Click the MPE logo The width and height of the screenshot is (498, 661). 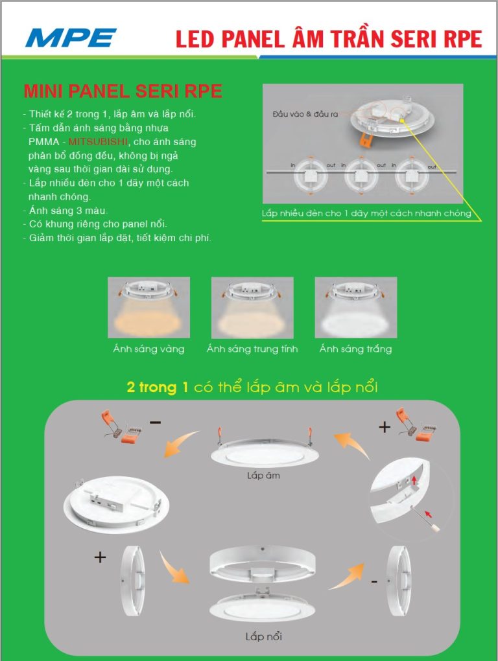tap(71, 38)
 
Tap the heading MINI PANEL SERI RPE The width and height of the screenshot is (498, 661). tap(123, 91)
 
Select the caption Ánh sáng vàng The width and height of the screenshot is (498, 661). tap(148, 349)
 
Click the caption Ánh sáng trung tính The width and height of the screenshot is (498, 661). tap(252, 349)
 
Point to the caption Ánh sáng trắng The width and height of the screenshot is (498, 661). tap(355, 349)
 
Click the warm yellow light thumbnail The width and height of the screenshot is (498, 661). tap(148, 307)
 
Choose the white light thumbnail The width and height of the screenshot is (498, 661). tap(355, 307)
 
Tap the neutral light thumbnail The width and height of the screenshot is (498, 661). tap(252, 307)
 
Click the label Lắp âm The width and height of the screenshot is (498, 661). tap(264, 475)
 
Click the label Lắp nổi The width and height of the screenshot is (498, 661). tap(263, 636)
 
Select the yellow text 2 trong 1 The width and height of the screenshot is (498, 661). tap(158, 388)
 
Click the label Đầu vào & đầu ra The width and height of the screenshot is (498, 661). tap(305, 114)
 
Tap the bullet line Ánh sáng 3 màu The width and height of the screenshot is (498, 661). tap(69, 211)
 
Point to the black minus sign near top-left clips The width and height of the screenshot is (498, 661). tap(155, 423)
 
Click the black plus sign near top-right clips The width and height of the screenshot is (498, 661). tap(385, 428)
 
